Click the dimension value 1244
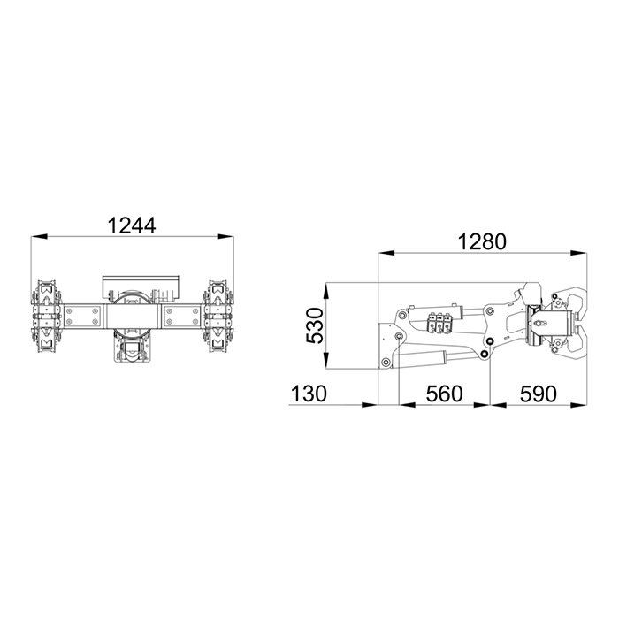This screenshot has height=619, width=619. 132,225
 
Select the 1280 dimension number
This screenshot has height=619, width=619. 482,242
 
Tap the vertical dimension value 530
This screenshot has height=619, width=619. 315,325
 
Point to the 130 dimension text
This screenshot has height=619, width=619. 309,394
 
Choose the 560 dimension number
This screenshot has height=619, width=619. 444,394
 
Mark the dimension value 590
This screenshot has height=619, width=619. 538,394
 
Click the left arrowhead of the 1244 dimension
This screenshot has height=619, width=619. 39,236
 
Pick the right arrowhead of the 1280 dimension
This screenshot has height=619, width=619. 578,253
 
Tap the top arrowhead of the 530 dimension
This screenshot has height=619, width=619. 326,291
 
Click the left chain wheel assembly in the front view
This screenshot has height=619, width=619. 47,317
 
